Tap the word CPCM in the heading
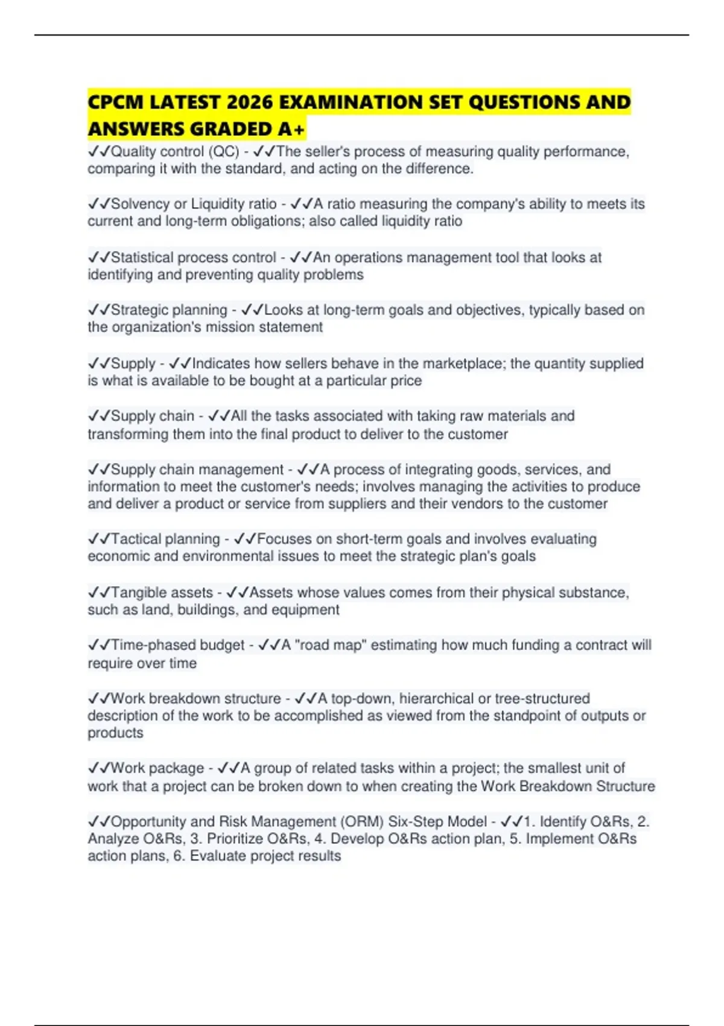click(115, 102)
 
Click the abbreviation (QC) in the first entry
click(223, 151)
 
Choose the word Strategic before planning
click(139, 310)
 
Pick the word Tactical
click(136, 539)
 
